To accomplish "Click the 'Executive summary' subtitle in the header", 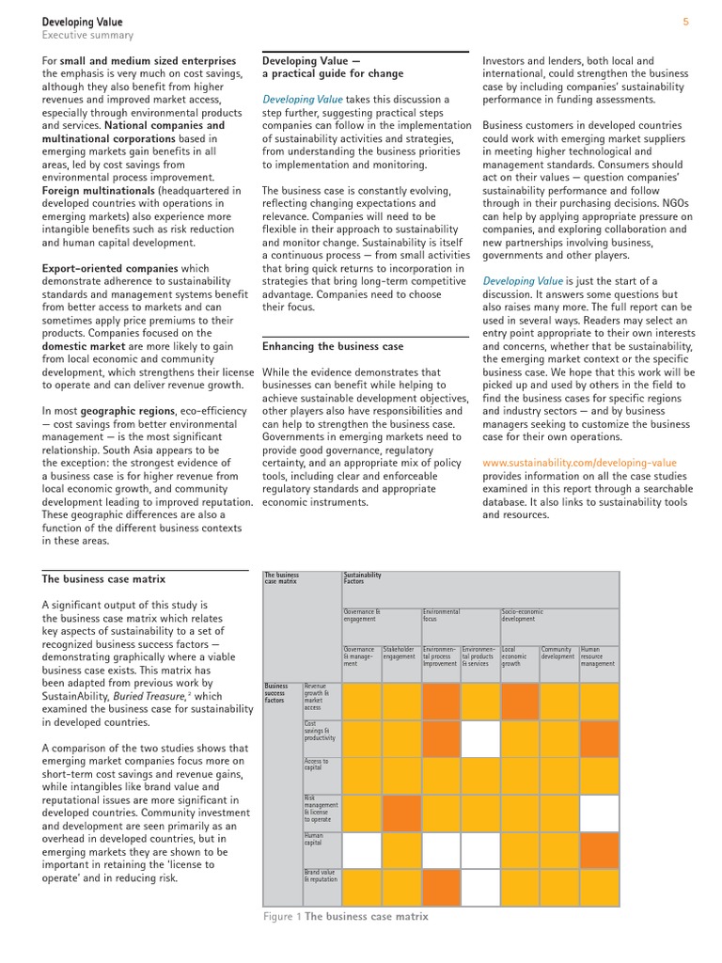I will (87, 36).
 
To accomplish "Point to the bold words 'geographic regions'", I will (130, 411).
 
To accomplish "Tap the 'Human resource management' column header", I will (599, 656).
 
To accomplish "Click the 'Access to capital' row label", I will (316, 766).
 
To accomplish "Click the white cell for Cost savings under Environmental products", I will (480, 738).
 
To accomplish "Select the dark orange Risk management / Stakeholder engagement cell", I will (401, 813).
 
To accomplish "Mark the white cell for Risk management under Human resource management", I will (599, 813).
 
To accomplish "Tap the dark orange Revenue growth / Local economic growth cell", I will (520, 701).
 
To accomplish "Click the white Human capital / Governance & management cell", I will (362, 849).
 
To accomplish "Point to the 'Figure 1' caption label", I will (281, 916).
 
